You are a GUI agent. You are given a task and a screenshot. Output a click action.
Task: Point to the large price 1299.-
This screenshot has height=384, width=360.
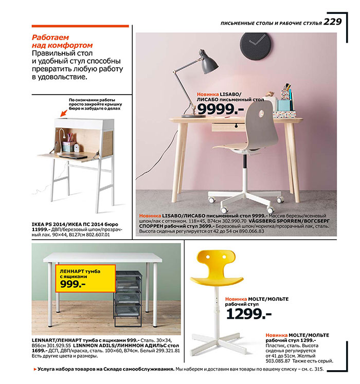(249, 313)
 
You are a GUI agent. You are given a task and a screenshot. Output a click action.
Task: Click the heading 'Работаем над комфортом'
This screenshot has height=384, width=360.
(62, 42)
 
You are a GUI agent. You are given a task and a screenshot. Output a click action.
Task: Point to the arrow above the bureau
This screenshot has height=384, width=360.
(76, 109)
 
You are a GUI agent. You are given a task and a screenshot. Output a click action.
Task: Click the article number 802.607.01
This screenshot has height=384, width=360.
(96, 235)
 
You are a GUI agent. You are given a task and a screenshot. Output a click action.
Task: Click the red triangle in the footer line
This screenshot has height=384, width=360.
(34, 370)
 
